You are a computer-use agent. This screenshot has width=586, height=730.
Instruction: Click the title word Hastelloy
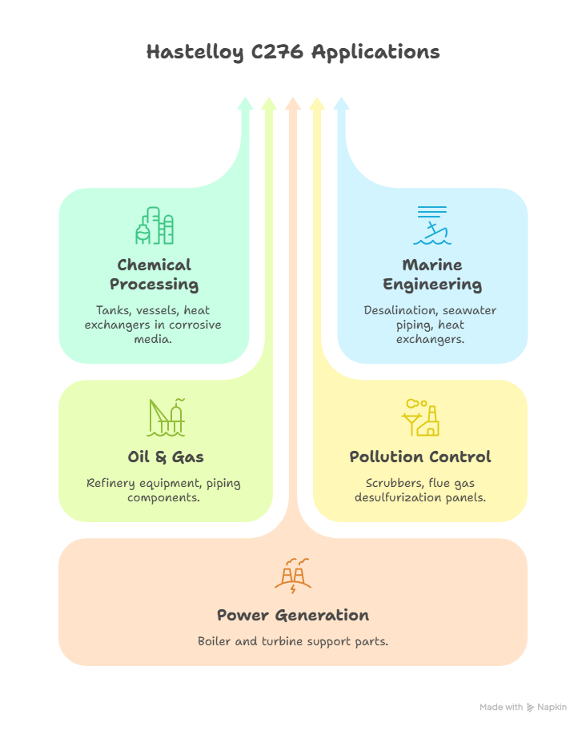189,53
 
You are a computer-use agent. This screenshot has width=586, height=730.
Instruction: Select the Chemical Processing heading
154,274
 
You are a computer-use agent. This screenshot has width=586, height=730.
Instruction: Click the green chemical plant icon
154,225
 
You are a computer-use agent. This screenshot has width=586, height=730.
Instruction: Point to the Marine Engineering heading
432,274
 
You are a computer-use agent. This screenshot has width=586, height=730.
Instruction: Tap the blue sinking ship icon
432,225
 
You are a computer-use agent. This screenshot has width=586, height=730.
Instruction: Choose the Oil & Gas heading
166,457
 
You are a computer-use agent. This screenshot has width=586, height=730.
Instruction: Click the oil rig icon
167,417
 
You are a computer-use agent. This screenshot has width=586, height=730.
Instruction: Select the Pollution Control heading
420,457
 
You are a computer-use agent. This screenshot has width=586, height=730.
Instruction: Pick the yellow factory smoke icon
421,417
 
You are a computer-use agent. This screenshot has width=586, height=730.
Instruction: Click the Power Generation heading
293,615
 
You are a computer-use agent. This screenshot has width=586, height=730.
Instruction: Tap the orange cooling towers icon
293,574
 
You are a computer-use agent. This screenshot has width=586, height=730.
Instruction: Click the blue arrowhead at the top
341,103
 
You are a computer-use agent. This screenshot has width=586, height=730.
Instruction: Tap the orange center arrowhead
293,103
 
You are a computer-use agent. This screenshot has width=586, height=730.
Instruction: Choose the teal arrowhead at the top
245,103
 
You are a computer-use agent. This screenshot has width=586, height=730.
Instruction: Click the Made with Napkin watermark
524,708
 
